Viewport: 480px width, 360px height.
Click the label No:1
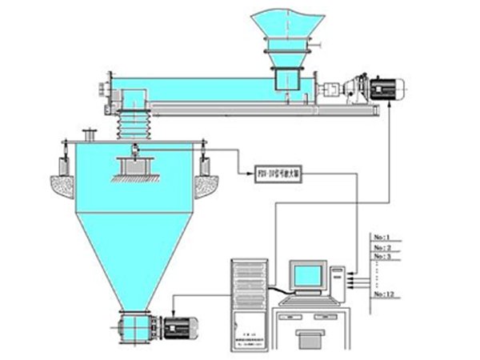click(x=382, y=237)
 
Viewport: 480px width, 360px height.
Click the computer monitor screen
click(x=307, y=276)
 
